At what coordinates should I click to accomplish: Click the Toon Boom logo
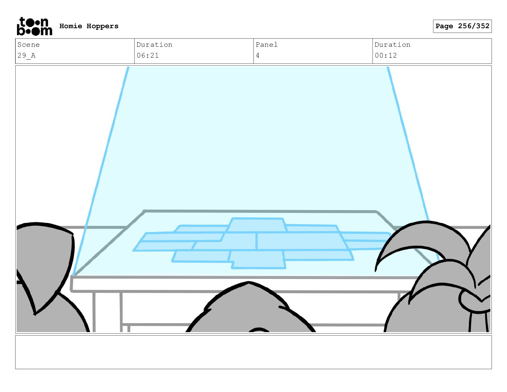(x=34, y=26)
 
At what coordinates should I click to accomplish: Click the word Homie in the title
(x=71, y=26)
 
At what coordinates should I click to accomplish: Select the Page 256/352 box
(x=462, y=26)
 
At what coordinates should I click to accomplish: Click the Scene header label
(x=28, y=45)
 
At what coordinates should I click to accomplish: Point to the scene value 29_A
(x=27, y=55)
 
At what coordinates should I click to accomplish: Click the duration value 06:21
(x=148, y=55)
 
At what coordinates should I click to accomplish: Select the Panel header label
(x=266, y=45)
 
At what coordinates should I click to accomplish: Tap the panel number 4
(x=258, y=55)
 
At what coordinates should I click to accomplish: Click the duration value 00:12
(x=386, y=55)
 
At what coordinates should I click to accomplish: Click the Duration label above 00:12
(x=392, y=45)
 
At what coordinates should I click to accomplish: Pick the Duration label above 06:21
(x=154, y=45)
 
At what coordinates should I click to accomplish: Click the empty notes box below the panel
(x=253, y=352)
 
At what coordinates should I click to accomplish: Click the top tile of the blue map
(x=257, y=225)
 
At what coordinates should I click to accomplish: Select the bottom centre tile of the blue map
(x=258, y=259)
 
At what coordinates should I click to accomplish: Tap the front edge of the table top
(x=224, y=284)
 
